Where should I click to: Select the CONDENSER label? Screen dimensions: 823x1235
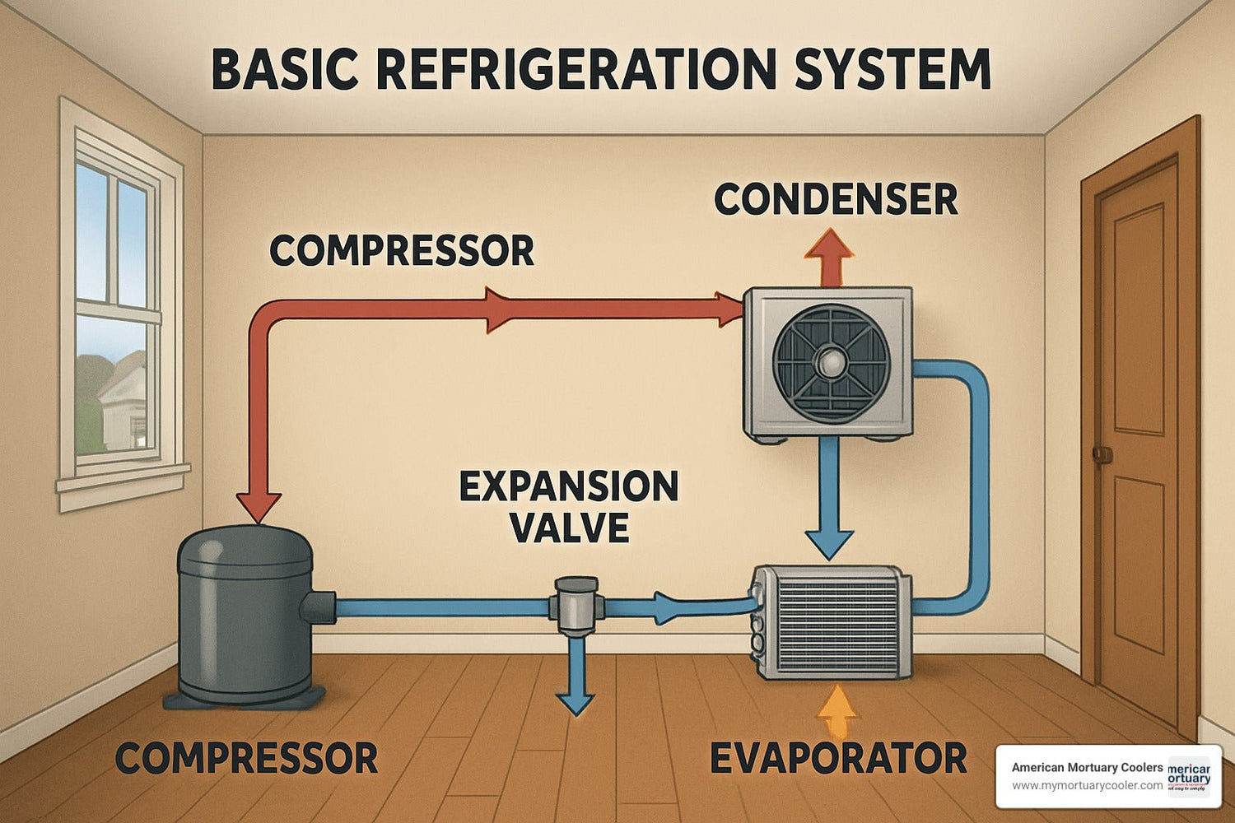click(836, 200)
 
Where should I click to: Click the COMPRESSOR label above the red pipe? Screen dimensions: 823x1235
click(402, 250)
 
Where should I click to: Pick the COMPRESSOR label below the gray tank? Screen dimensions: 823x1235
click(247, 757)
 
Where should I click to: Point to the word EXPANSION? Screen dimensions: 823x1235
click(569, 487)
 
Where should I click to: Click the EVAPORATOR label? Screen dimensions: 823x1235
click(838, 758)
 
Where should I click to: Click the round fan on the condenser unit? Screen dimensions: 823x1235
click(831, 362)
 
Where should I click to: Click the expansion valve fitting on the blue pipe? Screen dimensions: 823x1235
click(576, 606)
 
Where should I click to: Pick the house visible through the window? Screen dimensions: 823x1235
click(123, 403)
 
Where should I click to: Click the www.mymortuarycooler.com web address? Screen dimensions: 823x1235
click(1087, 785)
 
